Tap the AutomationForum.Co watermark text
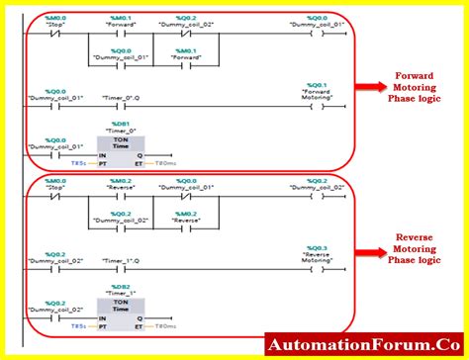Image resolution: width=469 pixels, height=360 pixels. click(x=365, y=345)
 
